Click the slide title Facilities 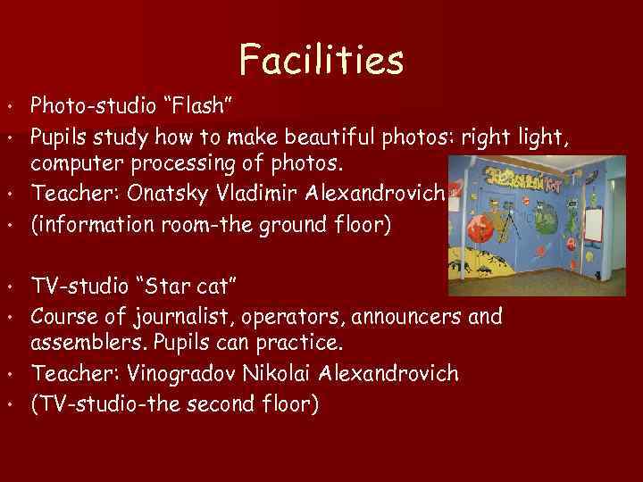(x=321, y=60)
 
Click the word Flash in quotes (x=198, y=107)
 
